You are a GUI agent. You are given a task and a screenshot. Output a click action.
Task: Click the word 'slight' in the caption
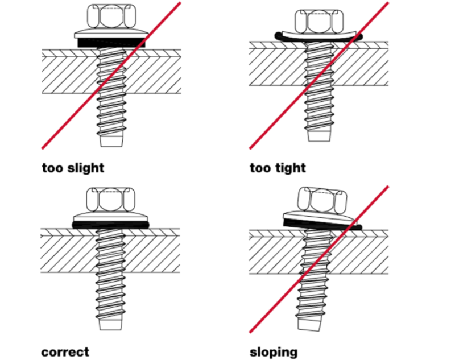[86, 168]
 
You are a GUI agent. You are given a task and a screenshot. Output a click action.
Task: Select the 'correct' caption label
[65, 352]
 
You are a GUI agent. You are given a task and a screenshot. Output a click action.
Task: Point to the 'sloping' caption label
[274, 353]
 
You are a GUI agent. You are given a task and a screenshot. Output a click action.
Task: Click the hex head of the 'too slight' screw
[111, 16]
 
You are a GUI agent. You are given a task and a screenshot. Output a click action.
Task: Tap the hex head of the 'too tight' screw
[319, 21]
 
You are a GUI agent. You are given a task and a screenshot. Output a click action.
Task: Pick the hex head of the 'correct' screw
[111, 200]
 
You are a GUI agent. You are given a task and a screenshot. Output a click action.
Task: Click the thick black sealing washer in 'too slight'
[111, 43]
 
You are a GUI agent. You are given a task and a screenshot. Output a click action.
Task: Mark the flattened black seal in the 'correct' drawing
[110, 225]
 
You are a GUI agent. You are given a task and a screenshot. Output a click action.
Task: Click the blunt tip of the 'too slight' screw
[111, 141]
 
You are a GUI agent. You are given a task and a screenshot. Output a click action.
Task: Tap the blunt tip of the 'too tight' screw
[319, 136]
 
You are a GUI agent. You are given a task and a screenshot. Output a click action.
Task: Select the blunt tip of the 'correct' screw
[110, 325]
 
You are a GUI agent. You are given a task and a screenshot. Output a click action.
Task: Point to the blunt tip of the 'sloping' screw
[310, 325]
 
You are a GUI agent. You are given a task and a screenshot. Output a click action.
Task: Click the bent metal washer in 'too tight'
[319, 35]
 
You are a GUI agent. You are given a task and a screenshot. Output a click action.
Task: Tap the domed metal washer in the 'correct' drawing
[110, 217]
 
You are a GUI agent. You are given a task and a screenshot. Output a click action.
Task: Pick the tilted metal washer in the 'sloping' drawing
[318, 218]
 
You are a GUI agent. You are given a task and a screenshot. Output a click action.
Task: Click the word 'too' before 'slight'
[53, 168]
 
